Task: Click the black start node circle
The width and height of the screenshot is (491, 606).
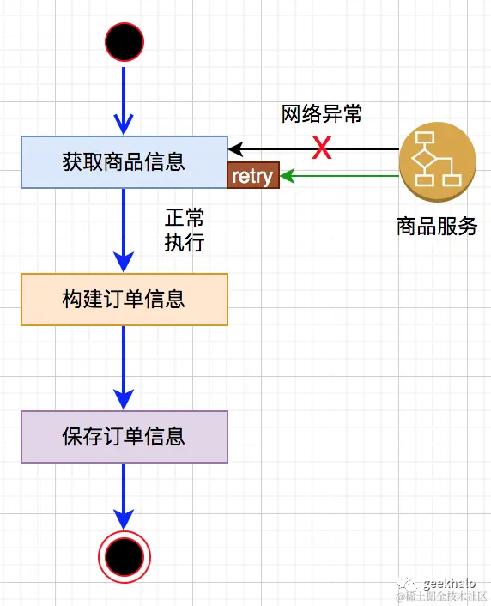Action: point(124,41)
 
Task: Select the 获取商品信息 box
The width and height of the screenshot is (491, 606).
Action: point(124,161)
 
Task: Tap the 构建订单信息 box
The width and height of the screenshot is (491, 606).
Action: point(124,300)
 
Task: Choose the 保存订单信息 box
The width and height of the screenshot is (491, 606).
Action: point(124,437)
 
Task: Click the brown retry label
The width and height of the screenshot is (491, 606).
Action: point(252,177)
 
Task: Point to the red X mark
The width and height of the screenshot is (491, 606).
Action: point(321,148)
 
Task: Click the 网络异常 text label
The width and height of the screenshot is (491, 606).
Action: point(322,114)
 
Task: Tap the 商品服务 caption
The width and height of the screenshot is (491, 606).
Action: point(437,227)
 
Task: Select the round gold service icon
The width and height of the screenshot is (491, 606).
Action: point(438,161)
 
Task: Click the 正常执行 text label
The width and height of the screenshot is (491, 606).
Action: point(185,229)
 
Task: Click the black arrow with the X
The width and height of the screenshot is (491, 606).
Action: point(361,149)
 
